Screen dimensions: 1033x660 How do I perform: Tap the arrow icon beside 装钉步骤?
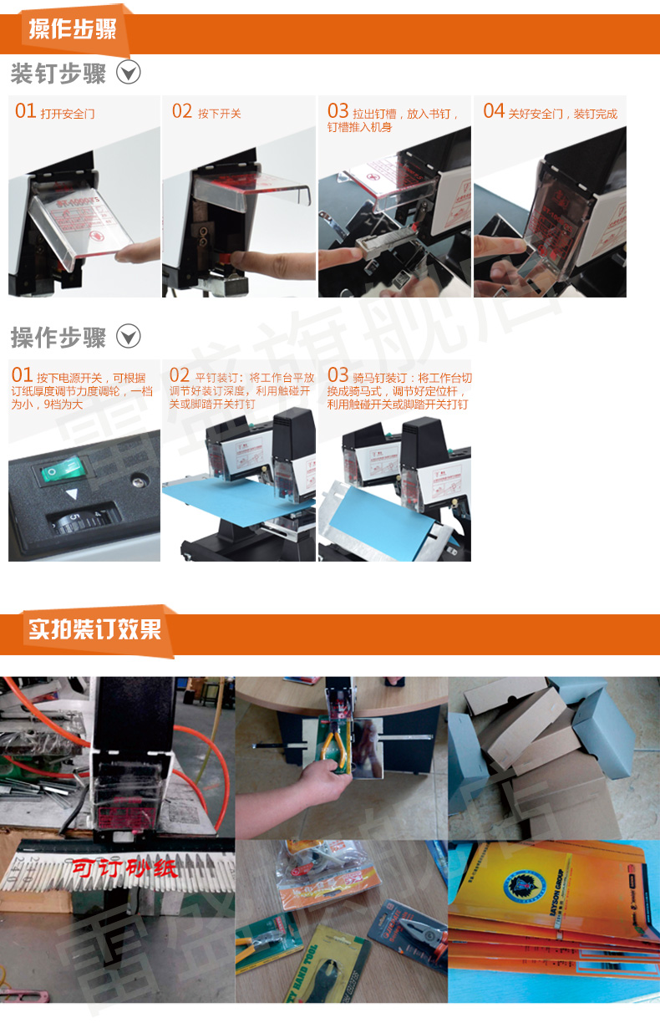(x=128, y=73)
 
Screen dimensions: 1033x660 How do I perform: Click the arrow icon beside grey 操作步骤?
(x=128, y=337)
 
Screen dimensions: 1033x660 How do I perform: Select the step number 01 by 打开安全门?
(x=25, y=111)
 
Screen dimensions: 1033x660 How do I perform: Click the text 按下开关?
(x=219, y=114)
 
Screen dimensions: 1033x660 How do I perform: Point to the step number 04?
(x=494, y=111)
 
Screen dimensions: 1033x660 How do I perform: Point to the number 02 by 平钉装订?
(x=179, y=376)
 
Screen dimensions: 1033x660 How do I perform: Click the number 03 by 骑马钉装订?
(x=338, y=376)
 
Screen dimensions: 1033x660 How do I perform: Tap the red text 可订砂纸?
(x=123, y=868)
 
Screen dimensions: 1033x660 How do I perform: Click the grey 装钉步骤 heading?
(x=58, y=74)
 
